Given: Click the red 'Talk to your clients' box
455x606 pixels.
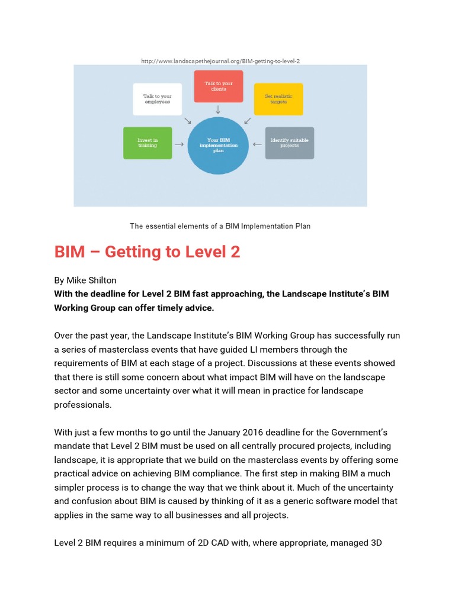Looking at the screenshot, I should (x=218, y=86).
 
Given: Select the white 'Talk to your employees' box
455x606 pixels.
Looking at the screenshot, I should (x=156, y=99).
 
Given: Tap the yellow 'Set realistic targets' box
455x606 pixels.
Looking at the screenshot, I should (x=278, y=99).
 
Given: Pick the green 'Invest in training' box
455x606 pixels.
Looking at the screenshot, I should (x=148, y=143).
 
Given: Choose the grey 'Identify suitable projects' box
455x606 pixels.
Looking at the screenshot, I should (x=289, y=143).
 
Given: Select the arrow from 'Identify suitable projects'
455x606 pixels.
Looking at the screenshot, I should (x=258, y=143).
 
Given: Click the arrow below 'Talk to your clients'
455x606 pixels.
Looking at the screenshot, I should (x=218, y=109).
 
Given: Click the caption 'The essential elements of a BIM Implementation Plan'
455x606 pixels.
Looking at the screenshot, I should (x=220, y=226).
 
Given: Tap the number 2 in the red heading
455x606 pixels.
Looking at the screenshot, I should (x=235, y=252).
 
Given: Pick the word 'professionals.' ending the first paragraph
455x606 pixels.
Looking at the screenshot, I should (x=82, y=405).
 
